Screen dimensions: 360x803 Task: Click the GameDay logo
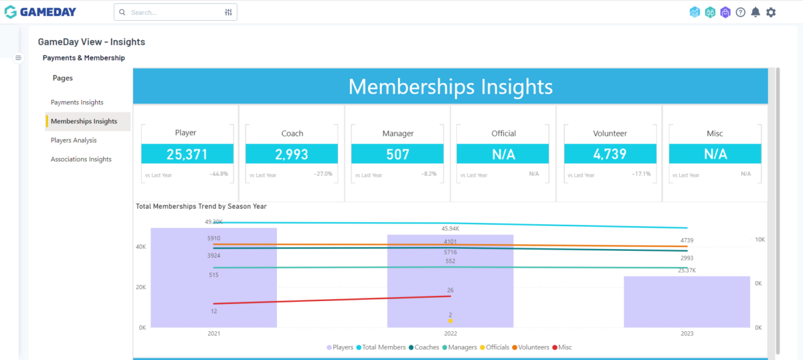[x=40, y=12]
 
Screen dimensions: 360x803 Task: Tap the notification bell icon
[x=755, y=12]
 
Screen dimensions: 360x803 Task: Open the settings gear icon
[x=771, y=12]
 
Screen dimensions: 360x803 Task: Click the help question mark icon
[x=740, y=12]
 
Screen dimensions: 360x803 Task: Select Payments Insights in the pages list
[x=77, y=102]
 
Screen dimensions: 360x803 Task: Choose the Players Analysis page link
[x=74, y=141]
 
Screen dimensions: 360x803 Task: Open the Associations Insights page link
[x=81, y=159]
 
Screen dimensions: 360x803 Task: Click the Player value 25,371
[x=187, y=155]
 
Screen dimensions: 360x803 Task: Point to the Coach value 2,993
[x=292, y=155]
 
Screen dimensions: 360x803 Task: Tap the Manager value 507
[x=397, y=155]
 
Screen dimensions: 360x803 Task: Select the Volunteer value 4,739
[x=610, y=155]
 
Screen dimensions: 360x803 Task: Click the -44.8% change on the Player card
[x=219, y=174]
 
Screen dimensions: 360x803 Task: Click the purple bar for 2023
[x=687, y=302]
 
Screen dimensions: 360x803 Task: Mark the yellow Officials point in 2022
[x=450, y=321]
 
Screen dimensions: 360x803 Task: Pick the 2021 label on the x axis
[x=213, y=333]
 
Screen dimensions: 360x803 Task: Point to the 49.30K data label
[x=214, y=221]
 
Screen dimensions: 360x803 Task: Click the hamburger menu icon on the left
[x=19, y=58]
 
